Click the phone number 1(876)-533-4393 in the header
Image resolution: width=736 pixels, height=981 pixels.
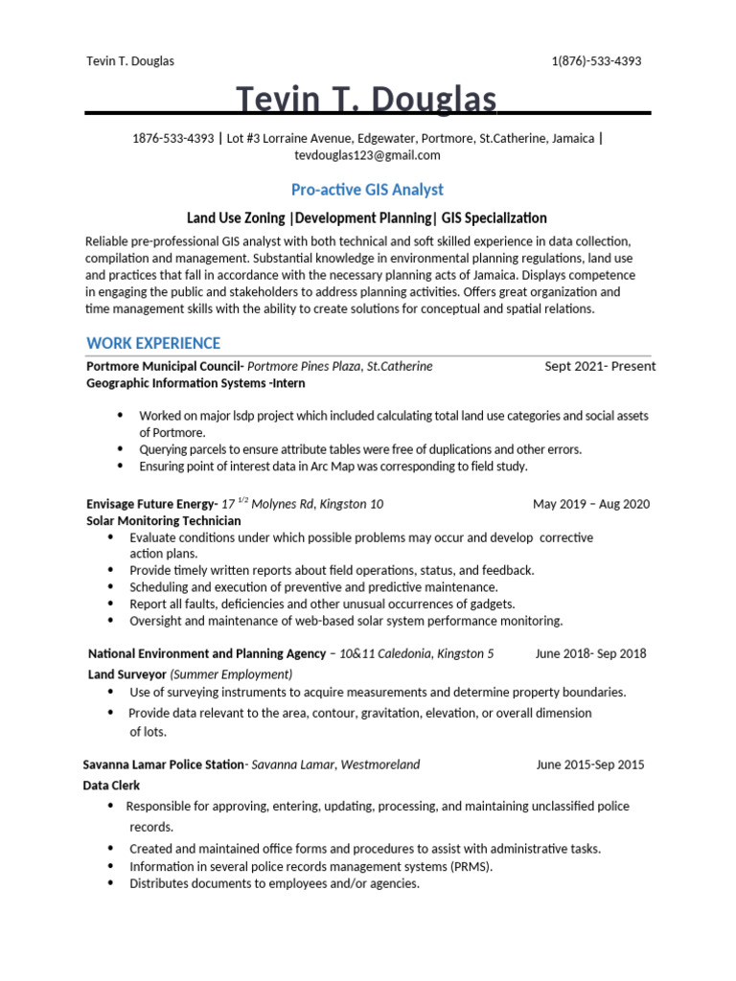[596, 61]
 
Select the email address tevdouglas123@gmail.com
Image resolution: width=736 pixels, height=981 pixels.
[367, 155]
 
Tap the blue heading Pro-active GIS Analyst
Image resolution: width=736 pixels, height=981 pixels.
[367, 190]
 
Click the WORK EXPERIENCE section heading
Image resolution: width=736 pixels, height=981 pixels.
[153, 343]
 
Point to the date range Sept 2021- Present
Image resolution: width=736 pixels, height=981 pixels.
[600, 366]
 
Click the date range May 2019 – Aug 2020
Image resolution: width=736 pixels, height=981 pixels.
[591, 504]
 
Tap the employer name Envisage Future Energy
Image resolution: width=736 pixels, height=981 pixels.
[151, 504]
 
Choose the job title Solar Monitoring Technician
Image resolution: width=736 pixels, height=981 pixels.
[164, 520]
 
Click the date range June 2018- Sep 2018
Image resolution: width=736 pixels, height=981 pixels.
[590, 653]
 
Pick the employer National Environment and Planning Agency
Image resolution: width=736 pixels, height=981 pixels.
[207, 653]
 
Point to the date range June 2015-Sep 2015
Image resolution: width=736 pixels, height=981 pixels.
[590, 764]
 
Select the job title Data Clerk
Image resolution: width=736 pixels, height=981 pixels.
[111, 786]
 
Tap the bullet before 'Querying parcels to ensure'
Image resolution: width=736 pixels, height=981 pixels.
[120, 448]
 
